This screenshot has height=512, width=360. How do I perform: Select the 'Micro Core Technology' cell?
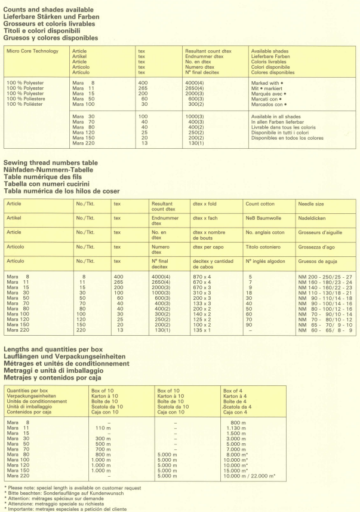click(32, 51)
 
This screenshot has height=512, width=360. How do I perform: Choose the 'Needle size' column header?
click(311, 204)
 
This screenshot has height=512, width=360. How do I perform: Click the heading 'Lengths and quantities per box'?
click(53, 349)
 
